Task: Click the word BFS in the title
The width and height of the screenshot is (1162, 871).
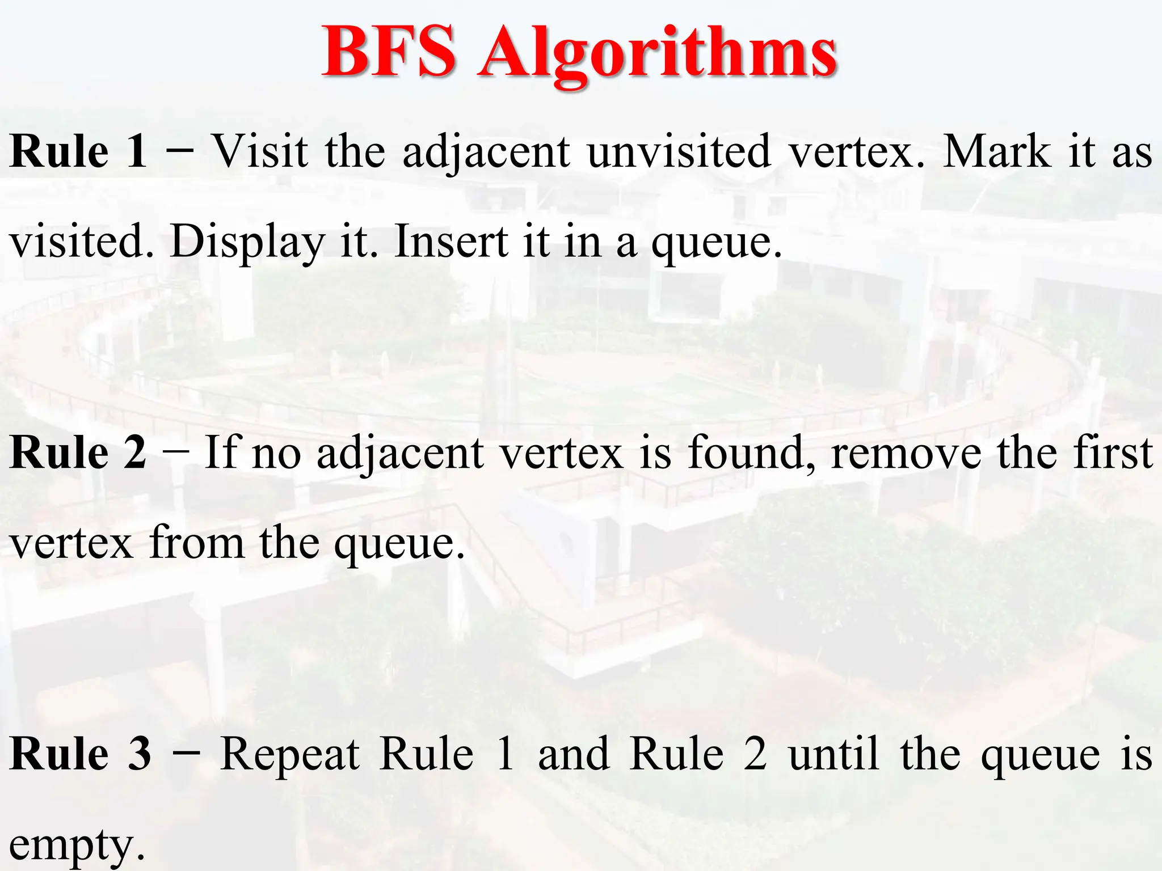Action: point(389,52)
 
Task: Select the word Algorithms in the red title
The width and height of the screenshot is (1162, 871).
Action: point(657,54)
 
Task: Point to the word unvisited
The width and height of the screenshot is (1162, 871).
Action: point(679,152)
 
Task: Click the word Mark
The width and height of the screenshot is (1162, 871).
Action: point(996,152)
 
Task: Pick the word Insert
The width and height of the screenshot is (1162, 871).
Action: point(451,242)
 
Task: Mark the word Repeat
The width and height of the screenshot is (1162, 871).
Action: point(290,754)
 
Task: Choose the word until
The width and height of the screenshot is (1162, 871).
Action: point(833,754)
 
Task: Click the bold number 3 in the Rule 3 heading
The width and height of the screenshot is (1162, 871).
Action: point(140,754)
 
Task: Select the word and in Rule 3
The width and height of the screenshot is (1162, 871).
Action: point(574,754)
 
